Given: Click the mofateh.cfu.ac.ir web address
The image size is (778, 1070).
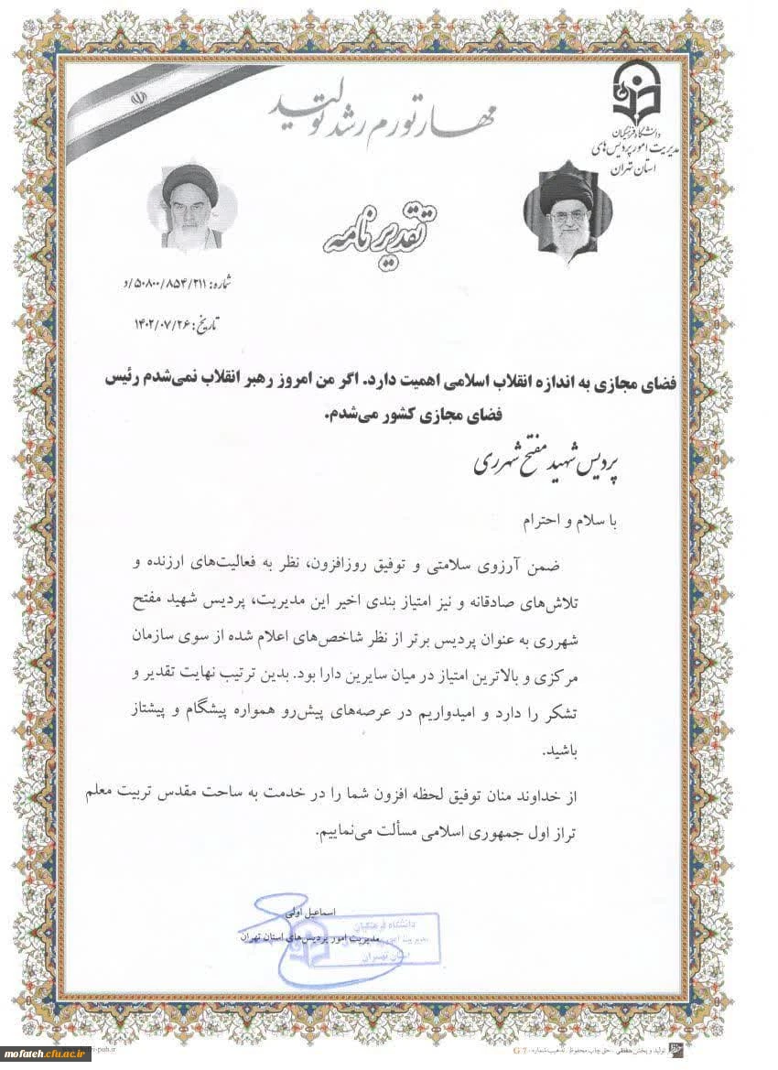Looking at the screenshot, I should pyautogui.click(x=47, y=1054).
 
